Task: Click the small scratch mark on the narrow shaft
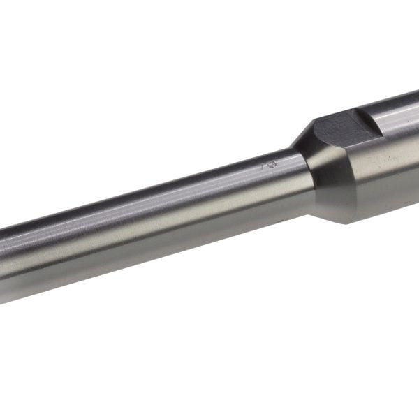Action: (269, 166)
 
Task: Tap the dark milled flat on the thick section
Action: (339, 130)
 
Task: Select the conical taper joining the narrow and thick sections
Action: (311, 175)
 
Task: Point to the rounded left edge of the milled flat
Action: (314, 126)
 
